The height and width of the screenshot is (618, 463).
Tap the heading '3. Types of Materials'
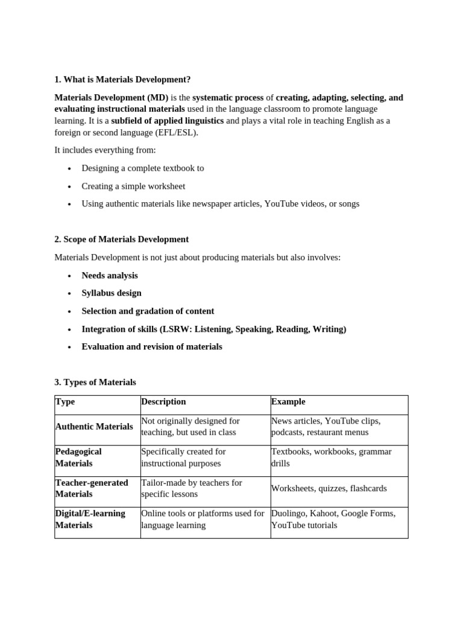(x=95, y=382)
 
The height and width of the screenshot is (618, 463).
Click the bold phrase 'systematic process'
(x=228, y=98)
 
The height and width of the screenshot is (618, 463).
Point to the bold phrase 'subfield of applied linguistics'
(x=168, y=121)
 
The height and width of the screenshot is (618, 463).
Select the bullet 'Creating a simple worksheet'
(x=133, y=186)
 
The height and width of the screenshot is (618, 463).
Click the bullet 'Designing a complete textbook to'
(x=143, y=168)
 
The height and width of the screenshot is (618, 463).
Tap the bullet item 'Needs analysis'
(x=110, y=275)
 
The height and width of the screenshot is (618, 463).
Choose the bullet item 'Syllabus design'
(x=112, y=293)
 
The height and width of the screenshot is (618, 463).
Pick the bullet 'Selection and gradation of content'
(x=148, y=311)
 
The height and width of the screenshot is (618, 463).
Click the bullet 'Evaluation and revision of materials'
(x=152, y=347)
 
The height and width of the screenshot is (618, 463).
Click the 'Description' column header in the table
(x=163, y=402)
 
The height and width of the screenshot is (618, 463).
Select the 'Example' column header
(x=288, y=402)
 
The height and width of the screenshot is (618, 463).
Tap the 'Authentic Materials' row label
(x=94, y=427)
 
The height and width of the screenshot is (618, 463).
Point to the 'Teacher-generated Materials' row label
(x=92, y=488)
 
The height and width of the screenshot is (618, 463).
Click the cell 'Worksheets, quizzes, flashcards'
(x=329, y=488)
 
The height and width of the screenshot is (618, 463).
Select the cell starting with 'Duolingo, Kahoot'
(x=333, y=519)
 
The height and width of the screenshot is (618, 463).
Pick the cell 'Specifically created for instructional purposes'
(x=183, y=457)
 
